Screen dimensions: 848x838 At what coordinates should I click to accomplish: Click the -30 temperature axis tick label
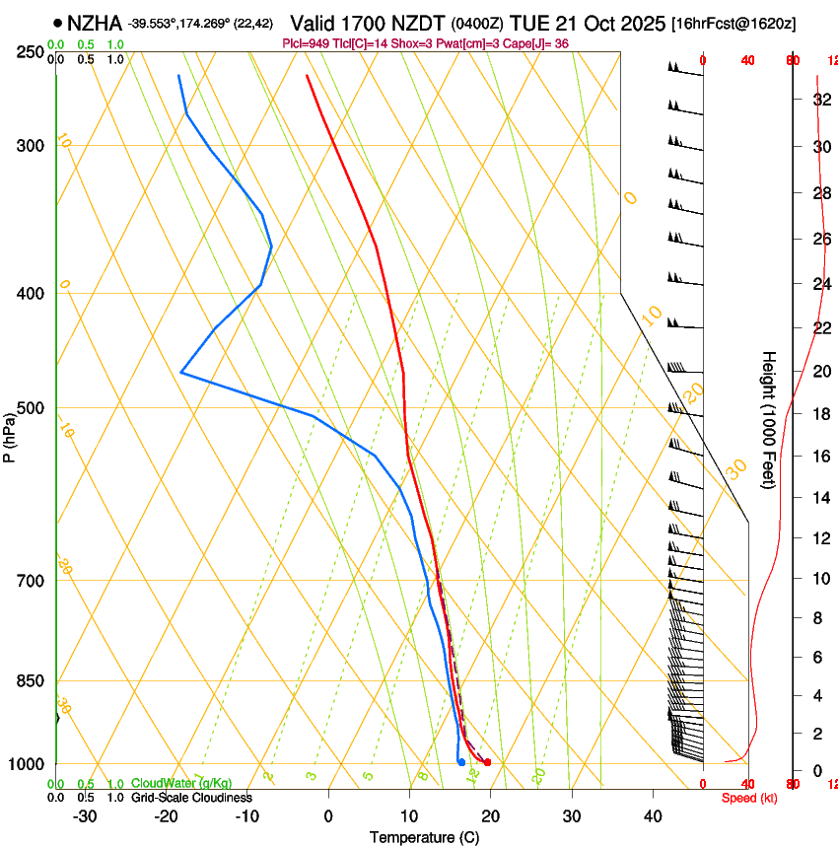[x=85, y=815]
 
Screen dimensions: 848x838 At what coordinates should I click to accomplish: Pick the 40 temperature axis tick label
[x=652, y=815]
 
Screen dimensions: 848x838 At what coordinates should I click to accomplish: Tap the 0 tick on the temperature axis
[x=328, y=815]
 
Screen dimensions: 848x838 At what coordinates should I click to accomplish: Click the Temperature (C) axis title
[x=424, y=837]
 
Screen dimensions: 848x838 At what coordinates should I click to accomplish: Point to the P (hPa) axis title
[x=9, y=434]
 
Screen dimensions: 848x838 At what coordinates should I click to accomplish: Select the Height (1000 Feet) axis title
[x=770, y=419]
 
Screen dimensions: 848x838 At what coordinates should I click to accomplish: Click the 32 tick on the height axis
[x=819, y=100]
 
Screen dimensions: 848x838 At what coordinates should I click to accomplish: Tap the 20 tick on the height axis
[x=819, y=371]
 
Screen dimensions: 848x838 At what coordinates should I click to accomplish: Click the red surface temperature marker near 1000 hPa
[x=487, y=762]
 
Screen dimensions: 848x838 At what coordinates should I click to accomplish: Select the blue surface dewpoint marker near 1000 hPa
[x=461, y=762]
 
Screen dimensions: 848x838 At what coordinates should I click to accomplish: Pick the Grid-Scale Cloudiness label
[x=191, y=797]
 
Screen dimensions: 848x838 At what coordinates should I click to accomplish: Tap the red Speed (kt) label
[x=749, y=797]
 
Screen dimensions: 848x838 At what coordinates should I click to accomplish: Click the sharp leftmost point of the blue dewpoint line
[x=181, y=372]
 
